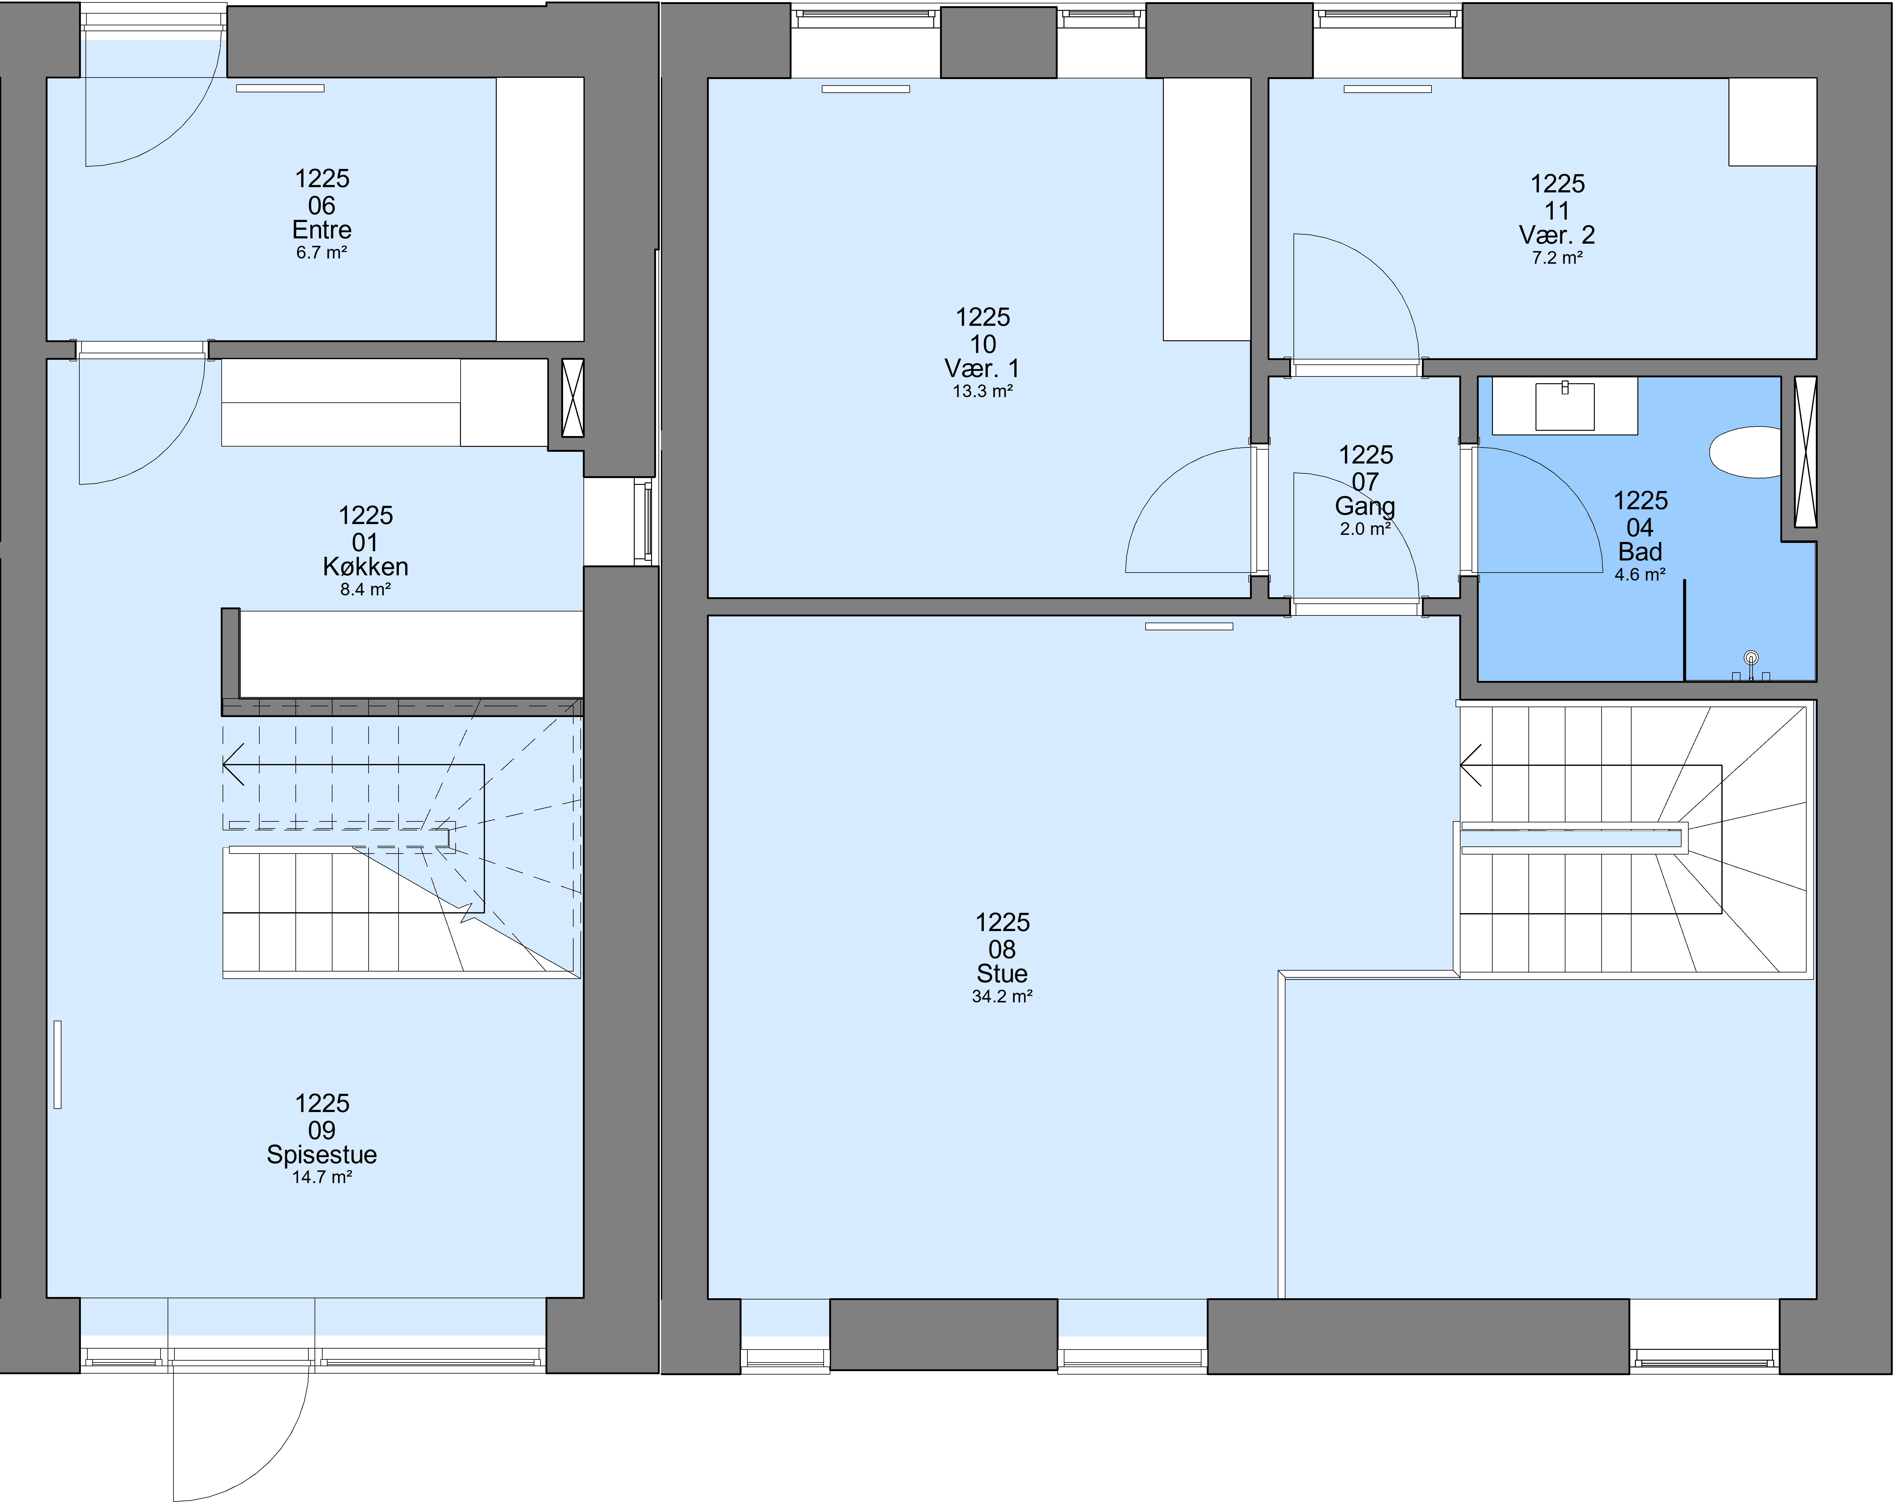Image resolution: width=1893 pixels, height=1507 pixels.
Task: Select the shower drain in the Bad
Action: point(1751,658)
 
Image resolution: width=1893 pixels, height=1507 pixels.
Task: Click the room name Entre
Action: point(322,230)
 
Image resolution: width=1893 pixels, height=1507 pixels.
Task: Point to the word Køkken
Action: point(365,566)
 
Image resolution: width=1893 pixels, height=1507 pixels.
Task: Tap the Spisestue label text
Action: point(322,1155)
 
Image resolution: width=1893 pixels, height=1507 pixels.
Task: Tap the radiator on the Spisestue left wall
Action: point(58,1064)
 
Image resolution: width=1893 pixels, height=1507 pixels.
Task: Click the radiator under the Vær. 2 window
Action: point(1387,89)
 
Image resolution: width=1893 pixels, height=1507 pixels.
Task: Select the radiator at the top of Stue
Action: point(1189,626)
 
